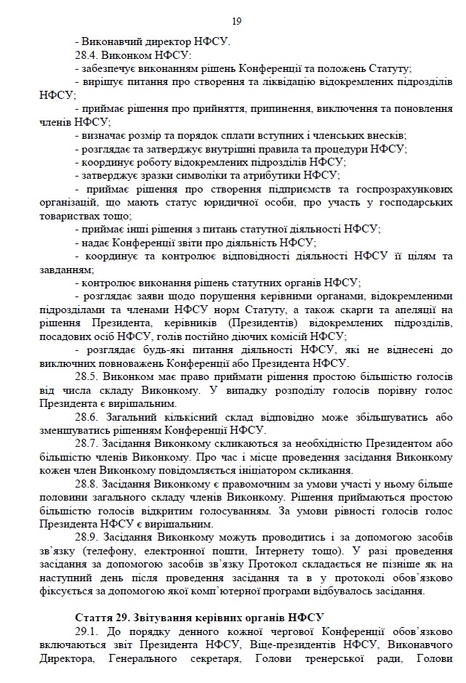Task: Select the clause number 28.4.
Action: click(87, 55)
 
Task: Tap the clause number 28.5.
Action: click(87, 378)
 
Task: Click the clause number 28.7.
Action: click(87, 444)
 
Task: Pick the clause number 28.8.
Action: click(87, 484)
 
